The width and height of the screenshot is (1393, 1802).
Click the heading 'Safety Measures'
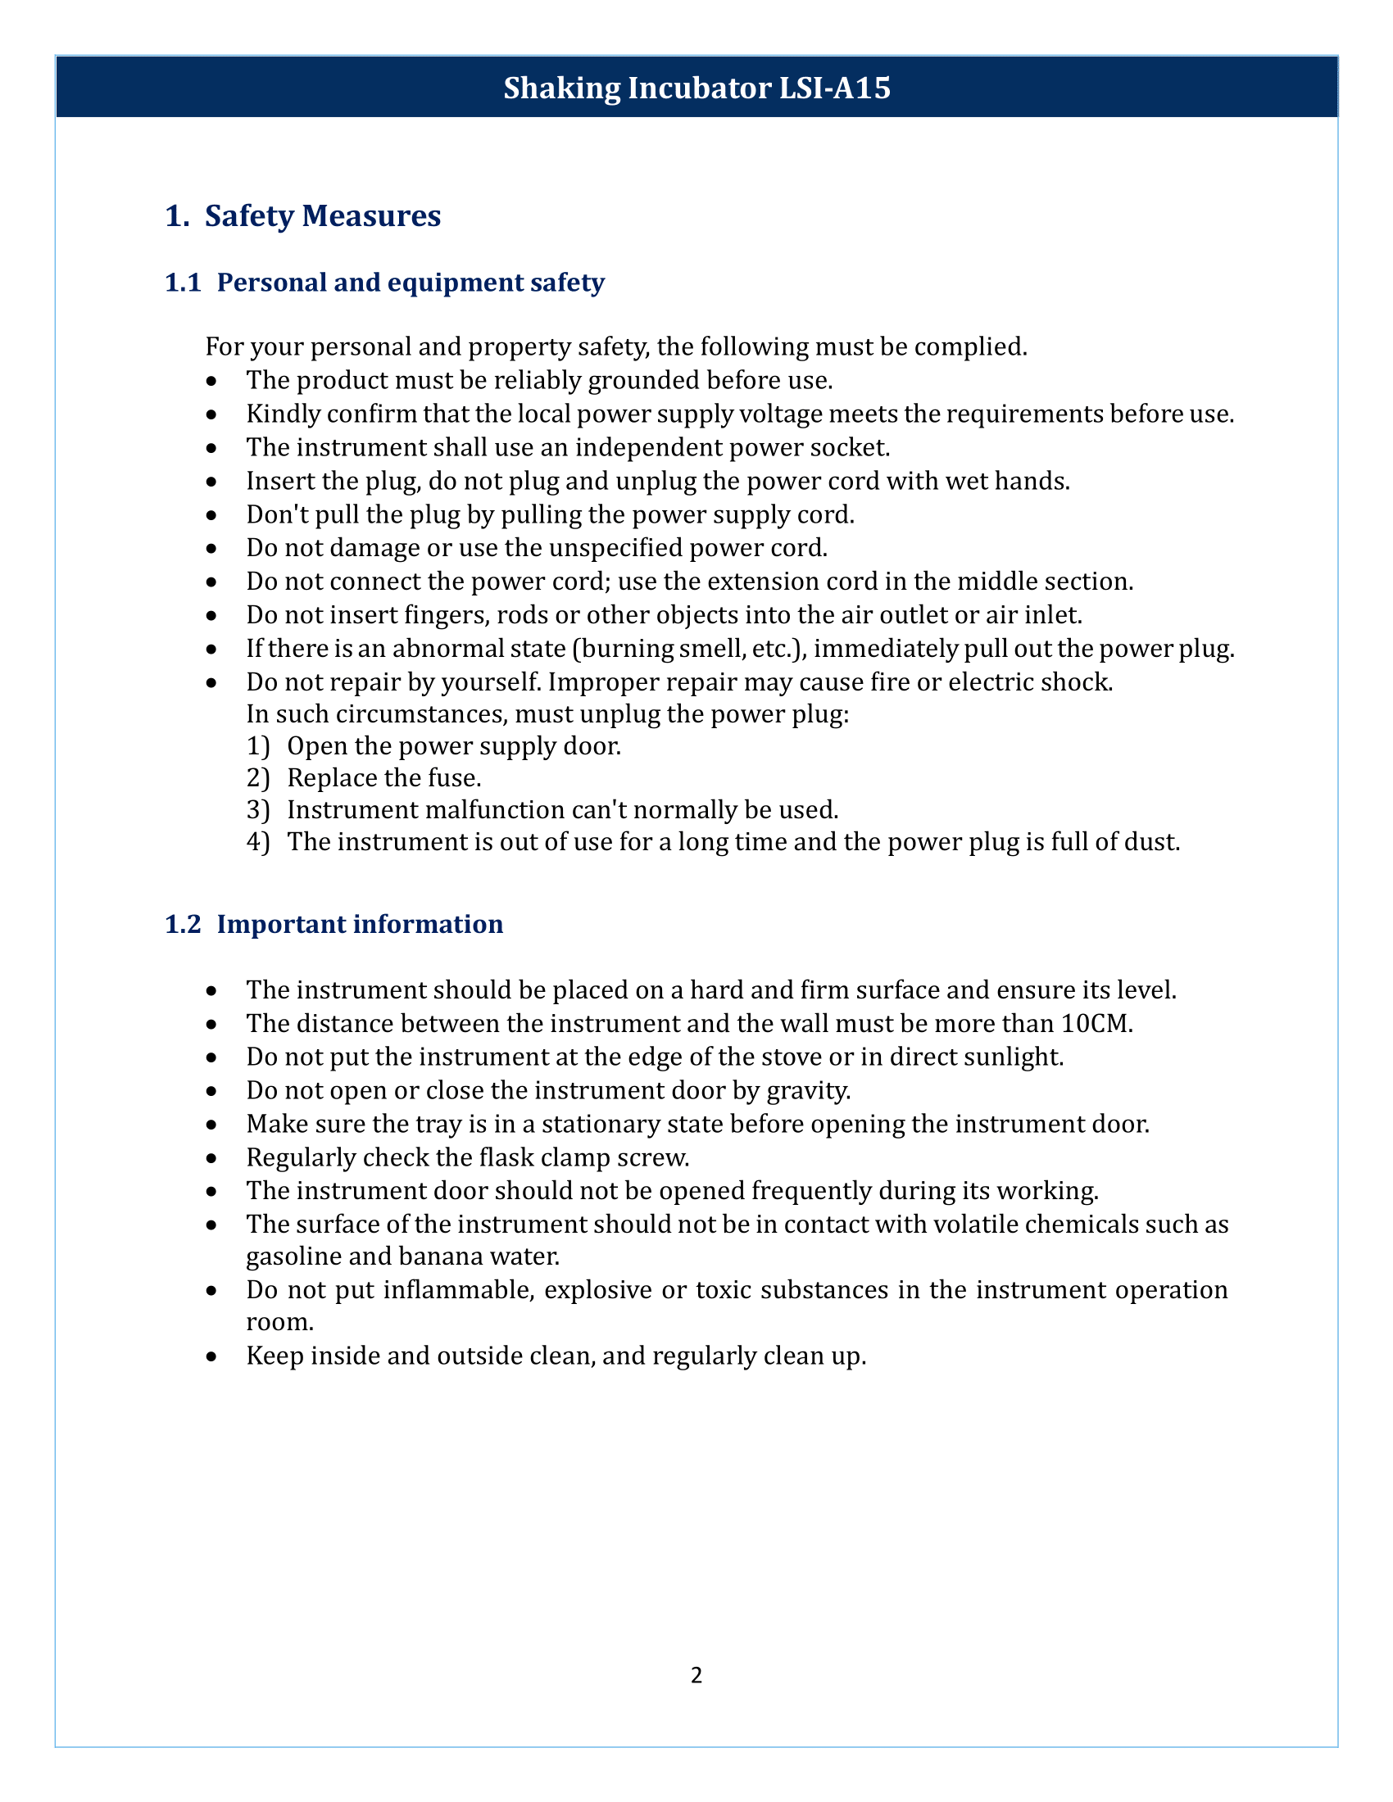click(323, 216)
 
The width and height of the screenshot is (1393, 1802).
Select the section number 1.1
click(183, 283)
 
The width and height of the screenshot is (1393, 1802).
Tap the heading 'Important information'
click(360, 924)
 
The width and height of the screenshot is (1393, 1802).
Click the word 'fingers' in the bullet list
click(443, 615)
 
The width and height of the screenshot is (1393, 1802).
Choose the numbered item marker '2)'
click(257, 778)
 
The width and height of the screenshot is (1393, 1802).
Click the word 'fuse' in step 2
click(460, 778)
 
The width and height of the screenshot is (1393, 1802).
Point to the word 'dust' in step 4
click(1155, 842)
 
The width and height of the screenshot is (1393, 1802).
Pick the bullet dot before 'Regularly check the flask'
click(213, 1158)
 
